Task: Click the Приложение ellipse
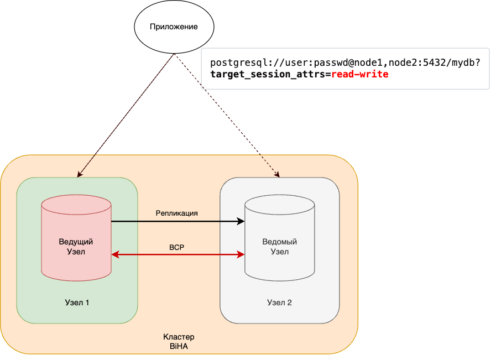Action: click(x=174, y=26)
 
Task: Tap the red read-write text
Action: click(x=360, y=74)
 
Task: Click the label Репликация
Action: click(x=176, y=213)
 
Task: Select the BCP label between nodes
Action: click(x=176, y=247)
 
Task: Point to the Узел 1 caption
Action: click(x=77, y=302)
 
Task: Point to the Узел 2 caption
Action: click(x=279, y=302)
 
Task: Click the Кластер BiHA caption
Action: click(x=179, y=341)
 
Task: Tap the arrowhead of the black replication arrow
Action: click(x=241, y=221)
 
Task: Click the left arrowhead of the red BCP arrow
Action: click(x=115, y=254)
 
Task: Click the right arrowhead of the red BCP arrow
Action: click(x=241, y=254)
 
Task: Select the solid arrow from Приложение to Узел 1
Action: click(x=127, y=113)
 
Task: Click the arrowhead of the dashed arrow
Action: click(x=277, y=175)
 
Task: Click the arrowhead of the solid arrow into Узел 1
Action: click(x=79, y=174)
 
